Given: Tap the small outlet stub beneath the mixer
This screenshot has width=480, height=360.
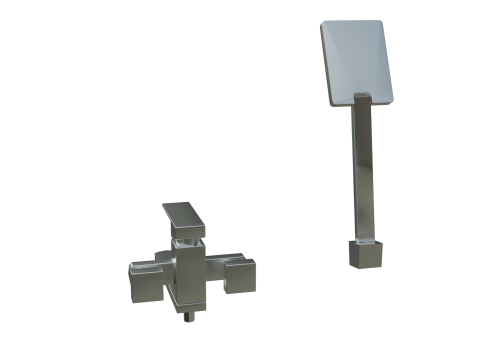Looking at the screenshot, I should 189,318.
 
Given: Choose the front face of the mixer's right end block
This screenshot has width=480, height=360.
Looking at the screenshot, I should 242,279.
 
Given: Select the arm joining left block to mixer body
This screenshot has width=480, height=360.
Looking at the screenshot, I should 160,272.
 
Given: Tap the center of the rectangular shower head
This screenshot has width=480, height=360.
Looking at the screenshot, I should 356,63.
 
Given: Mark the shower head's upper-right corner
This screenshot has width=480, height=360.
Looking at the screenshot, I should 379,21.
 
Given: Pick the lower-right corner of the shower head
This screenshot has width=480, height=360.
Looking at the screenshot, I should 391,99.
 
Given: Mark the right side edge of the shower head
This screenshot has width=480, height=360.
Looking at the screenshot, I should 387,60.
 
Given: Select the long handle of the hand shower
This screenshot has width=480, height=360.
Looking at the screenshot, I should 362,170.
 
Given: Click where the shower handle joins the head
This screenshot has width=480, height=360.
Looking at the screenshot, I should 361,100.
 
